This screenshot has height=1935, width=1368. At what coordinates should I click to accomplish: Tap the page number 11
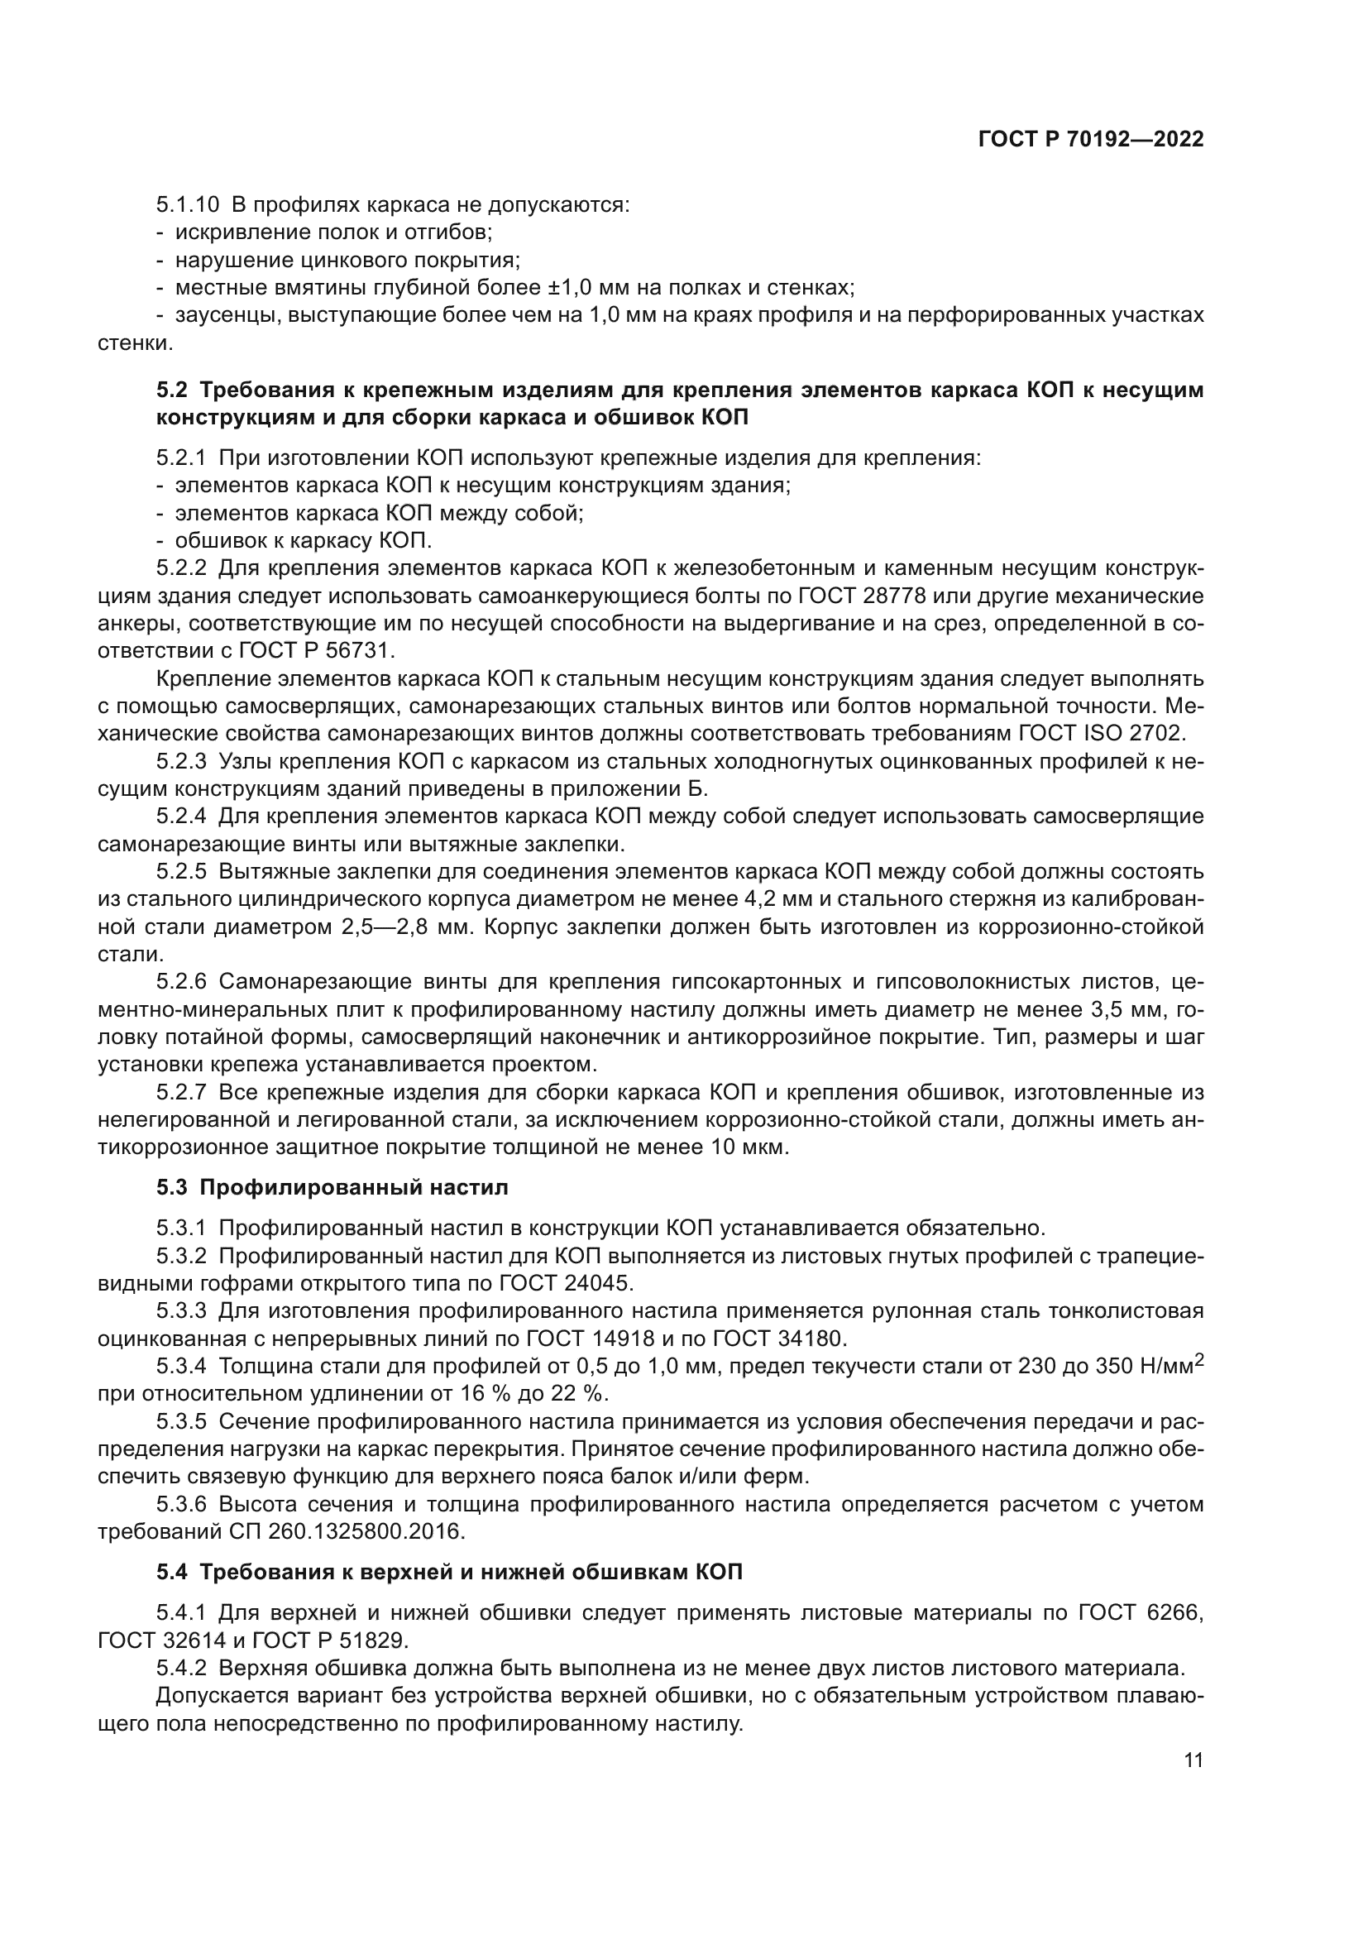click(x=1193, y=1784)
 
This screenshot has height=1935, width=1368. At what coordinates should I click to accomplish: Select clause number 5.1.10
click(x=187, y=205)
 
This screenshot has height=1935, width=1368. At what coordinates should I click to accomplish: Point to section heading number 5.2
click(x=175, y=390)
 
